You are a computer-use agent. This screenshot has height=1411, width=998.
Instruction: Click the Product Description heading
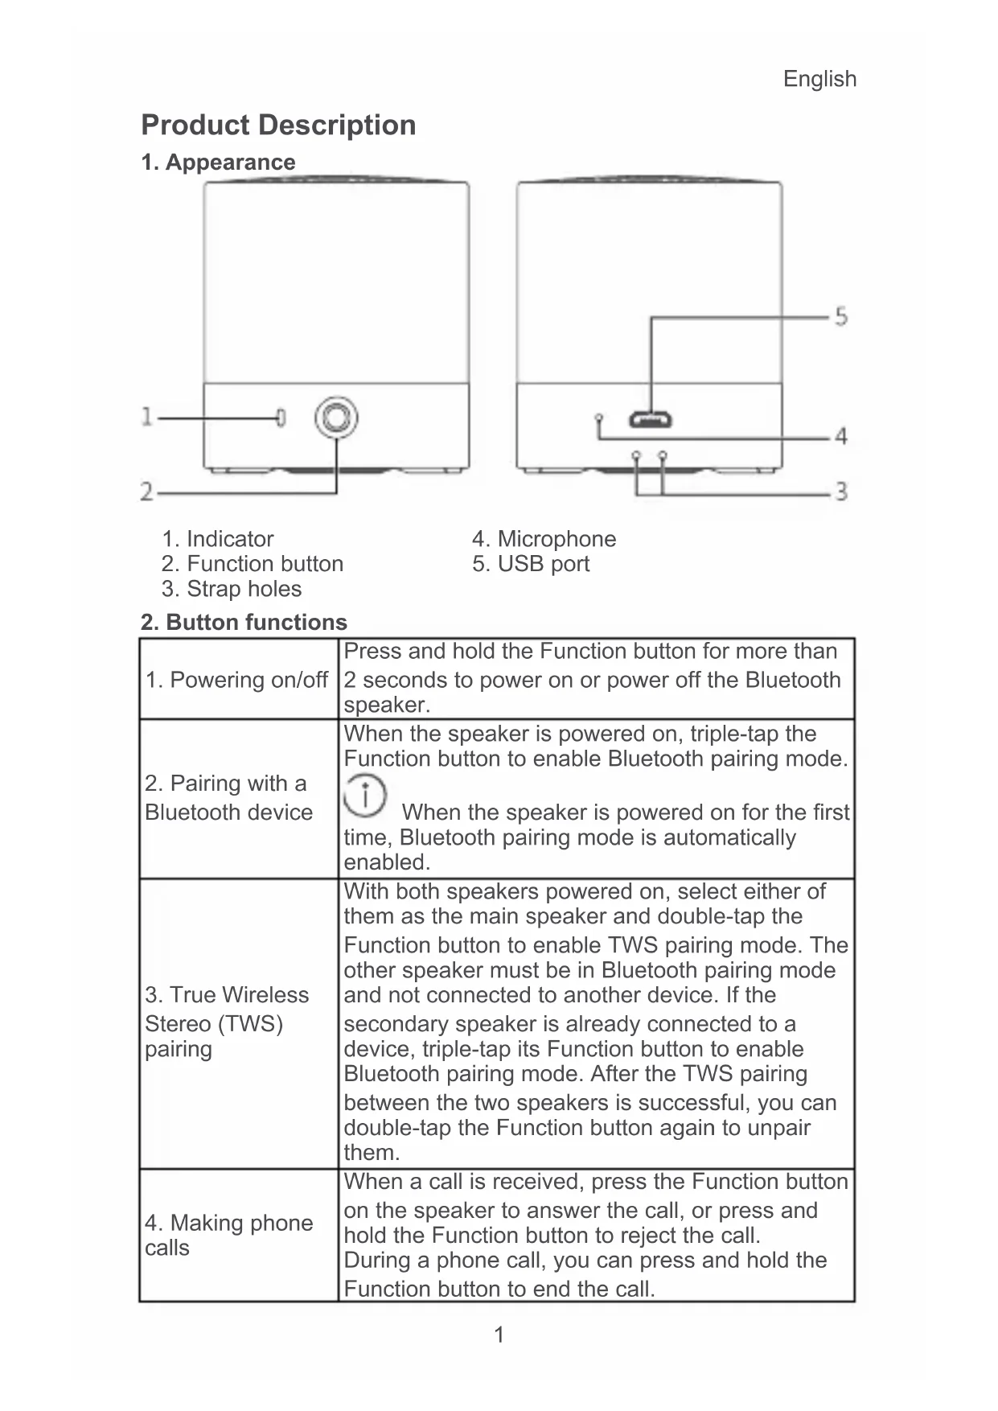(x=278, y=125)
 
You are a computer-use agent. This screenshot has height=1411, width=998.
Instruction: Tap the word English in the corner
(x=819, y=79)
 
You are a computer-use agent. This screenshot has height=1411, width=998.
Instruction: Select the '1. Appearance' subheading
(x=218, y=162)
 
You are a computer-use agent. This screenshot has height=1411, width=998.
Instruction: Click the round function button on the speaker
(x=335, y=418)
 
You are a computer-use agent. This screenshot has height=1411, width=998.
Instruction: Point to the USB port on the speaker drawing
(x=651, y=419)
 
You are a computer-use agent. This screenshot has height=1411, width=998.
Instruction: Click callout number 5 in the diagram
(x=840, y=316)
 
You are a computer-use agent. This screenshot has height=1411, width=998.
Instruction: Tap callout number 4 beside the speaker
(x=841, y=436)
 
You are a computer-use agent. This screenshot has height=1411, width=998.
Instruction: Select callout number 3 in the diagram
(x=841, y=491)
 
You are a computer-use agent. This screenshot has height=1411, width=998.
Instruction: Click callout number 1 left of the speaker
(x=146, y=417)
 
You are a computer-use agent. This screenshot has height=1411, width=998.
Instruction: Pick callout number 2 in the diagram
(x=147, y=491)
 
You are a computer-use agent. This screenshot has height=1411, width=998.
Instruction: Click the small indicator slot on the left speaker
(x=281, y=418)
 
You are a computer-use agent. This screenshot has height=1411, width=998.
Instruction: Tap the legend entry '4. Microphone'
(x=544, y=539)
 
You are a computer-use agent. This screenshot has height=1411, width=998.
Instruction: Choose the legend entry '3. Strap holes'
(x=232, y=589)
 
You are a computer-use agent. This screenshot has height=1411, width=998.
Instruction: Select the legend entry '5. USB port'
(x=531, y=564)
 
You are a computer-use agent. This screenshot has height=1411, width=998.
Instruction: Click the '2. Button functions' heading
(x=244, y=622)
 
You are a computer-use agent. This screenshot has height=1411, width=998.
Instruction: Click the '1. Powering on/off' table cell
(x=236, y=680)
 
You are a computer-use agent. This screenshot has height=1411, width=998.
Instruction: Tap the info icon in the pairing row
(x=365, y=795)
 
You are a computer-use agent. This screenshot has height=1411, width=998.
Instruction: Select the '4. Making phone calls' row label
(x=229, y=1235)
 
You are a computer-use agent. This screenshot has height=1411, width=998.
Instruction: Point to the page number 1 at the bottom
(x=499, y=1335)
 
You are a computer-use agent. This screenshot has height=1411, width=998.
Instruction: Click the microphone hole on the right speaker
(x=599, y=418)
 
